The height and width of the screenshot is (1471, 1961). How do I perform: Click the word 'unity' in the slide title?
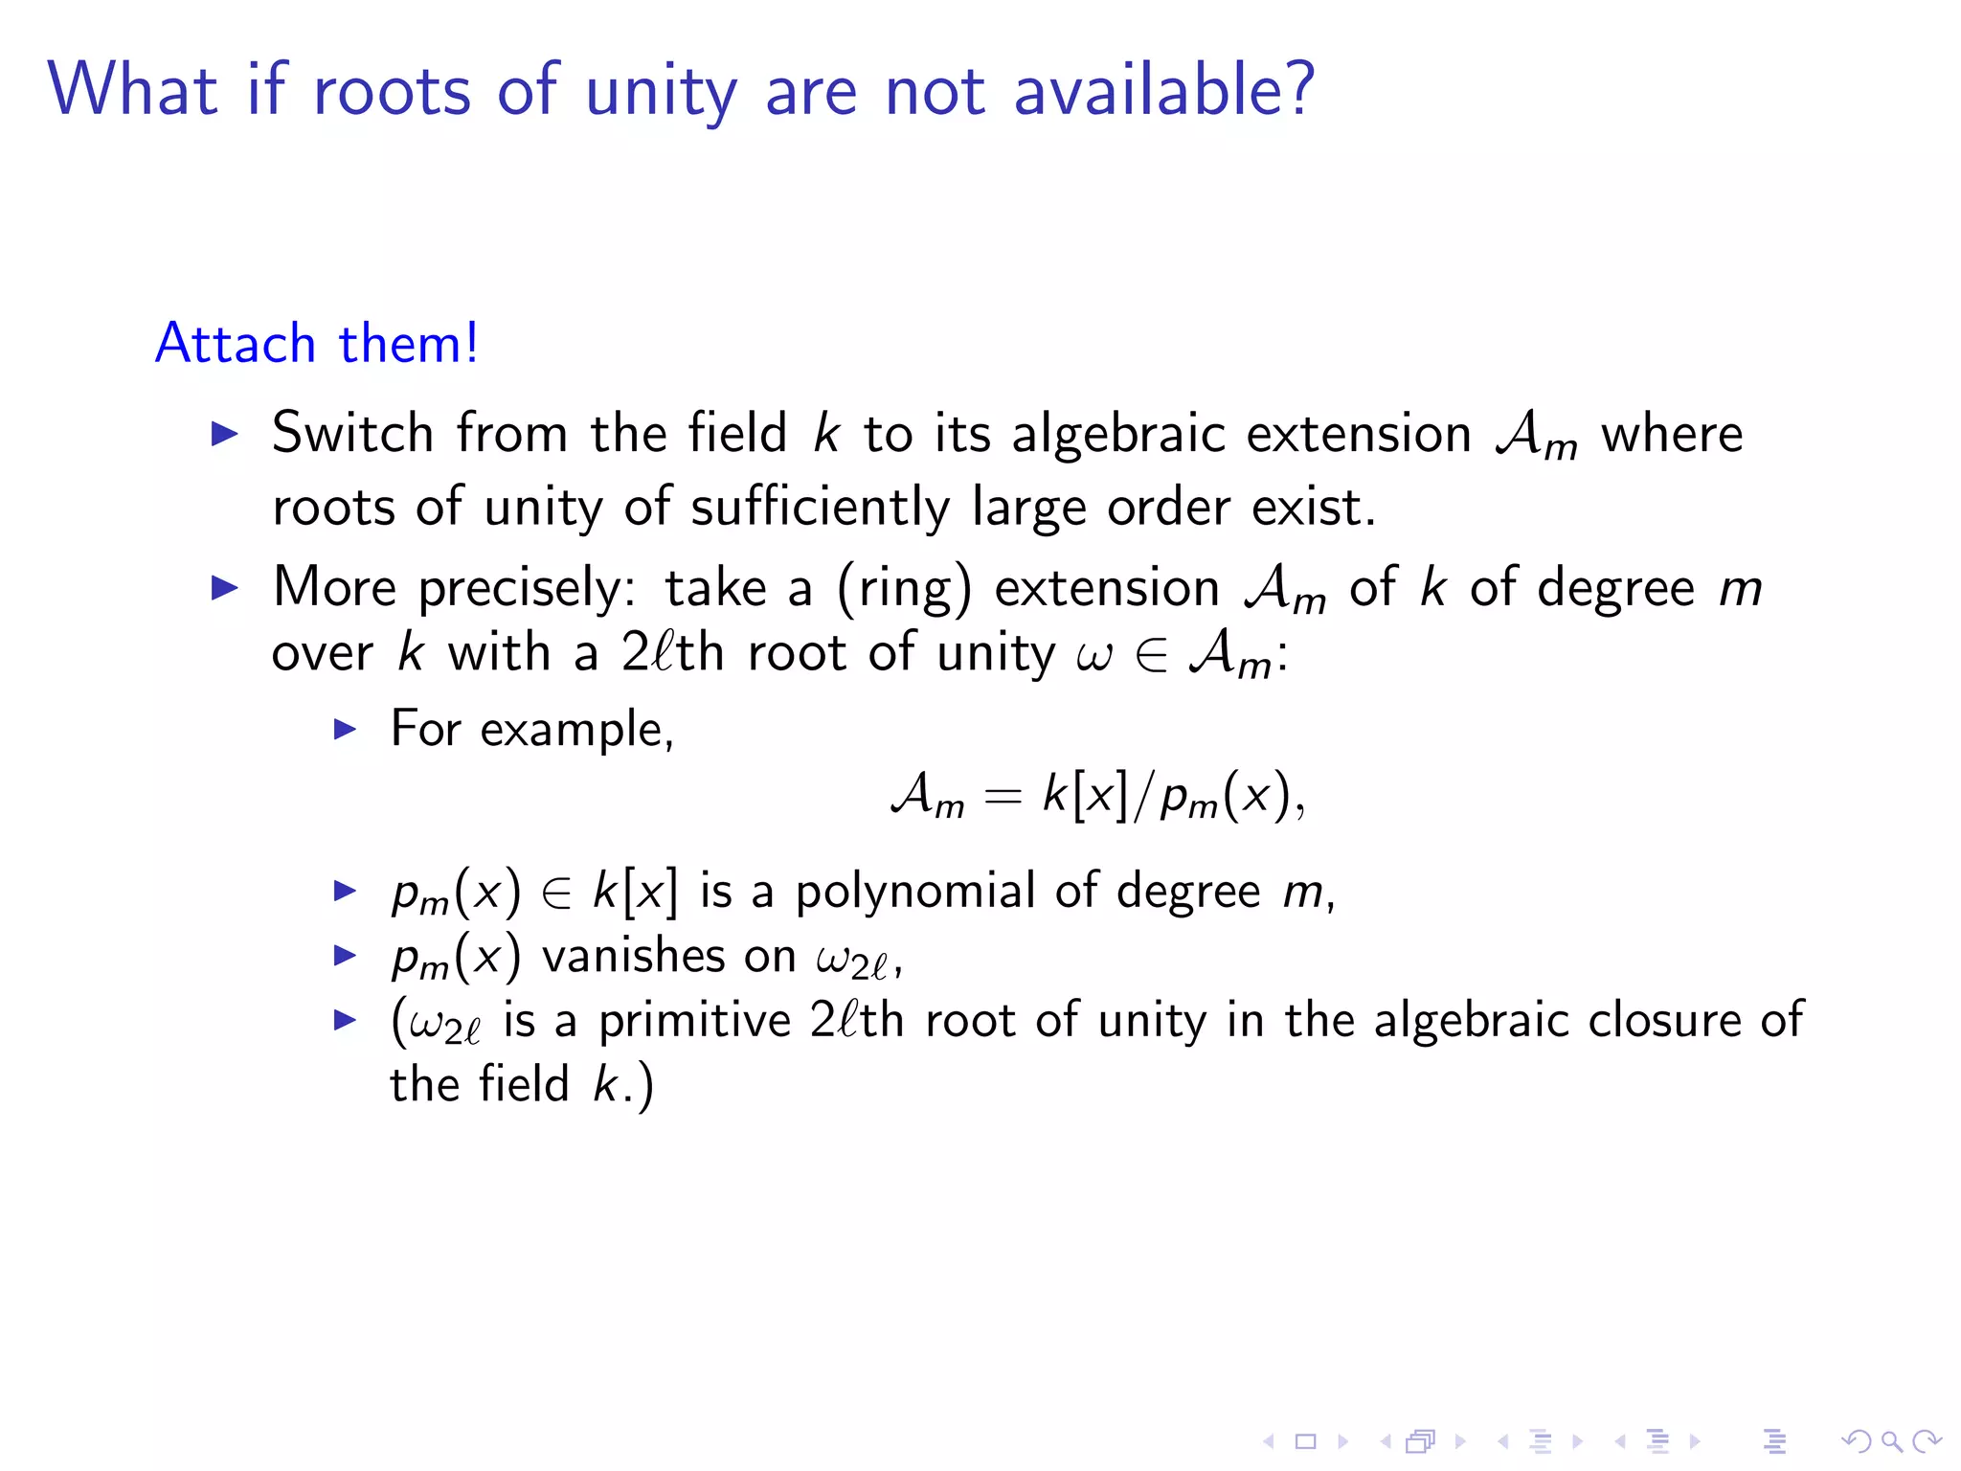pyautogui.click(x=661, y=92)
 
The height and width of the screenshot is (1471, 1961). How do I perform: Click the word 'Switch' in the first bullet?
pyautogui.click(x=352, y=433)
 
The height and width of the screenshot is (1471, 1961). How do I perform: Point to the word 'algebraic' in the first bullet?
pyautogui.click(x=1118, y=435)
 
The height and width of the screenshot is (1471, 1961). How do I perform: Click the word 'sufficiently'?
pyautogui.click(x=820, y=508)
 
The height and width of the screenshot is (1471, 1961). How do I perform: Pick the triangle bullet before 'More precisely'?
pyautogui.click(x=224, y=587)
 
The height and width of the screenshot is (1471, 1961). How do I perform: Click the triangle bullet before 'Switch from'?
pyautogui.click(x=224, y=434)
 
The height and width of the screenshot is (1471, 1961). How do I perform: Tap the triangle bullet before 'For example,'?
pyautogui.click(x=345, y=730)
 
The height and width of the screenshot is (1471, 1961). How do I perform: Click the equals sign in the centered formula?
pyautogui.click(x=1003, y=797)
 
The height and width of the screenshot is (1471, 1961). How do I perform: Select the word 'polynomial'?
pyautogui.click(x=915, y=892)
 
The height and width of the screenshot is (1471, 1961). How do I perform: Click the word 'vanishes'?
pyautogui.click(x=668, y=956)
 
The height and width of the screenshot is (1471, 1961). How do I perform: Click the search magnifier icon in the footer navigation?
pyautogui.click(x=1891, y=1441)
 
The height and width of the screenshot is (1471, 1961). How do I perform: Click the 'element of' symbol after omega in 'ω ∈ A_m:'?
pyautogui.click(x=1150, y=656)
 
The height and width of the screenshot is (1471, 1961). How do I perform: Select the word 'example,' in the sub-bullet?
pyautogui.click(x=577, y=730)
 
